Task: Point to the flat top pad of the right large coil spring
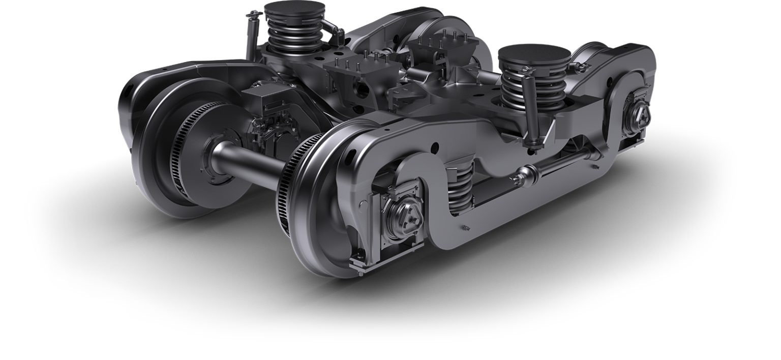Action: pos(534,55)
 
